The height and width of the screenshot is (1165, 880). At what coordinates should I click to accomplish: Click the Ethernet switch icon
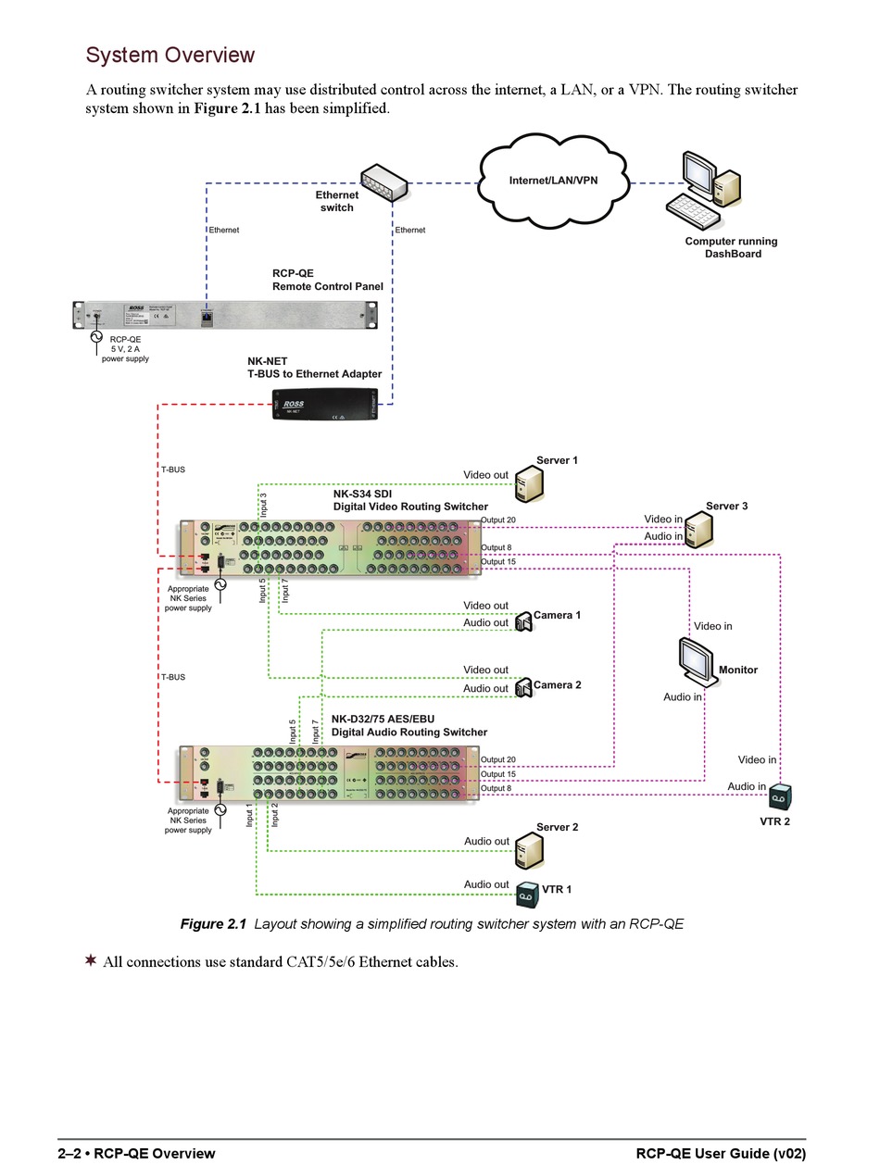pos(384,182)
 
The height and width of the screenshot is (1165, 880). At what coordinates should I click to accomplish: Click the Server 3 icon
pos(699,530)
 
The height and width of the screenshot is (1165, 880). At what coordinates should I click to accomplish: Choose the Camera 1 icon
pos(523,620)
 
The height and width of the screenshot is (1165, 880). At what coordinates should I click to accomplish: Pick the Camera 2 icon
pos(523,687)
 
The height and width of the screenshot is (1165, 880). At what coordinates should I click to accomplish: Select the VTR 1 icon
pos(527,893)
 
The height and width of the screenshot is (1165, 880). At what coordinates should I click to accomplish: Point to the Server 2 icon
pos(529,849)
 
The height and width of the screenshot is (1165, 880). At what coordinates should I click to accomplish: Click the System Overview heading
pos(170,56)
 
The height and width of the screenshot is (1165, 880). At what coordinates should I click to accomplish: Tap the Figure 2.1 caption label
pos(214,923)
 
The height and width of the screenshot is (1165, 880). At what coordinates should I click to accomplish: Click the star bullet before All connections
pos(91,960)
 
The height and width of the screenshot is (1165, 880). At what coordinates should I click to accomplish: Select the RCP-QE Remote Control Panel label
pos(327,281)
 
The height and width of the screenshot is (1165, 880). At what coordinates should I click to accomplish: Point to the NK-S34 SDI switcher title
pos(409,500)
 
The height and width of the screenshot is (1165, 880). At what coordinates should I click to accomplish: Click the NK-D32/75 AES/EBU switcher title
pos(409,725)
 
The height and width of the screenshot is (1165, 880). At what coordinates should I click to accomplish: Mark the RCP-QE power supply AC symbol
pos(95,337)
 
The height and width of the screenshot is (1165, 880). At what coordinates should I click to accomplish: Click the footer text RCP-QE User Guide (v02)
pos(720,1153)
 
